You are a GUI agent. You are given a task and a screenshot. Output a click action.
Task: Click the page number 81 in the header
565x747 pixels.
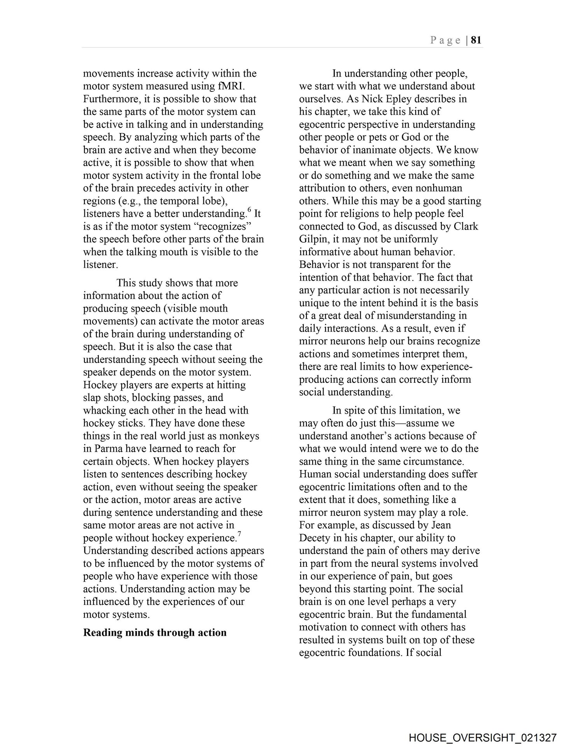tap(476, 40)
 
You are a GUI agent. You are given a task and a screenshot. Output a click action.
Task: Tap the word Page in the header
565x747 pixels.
tap(446, 40)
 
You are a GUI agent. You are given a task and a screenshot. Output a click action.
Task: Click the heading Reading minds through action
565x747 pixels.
tap(155, 632)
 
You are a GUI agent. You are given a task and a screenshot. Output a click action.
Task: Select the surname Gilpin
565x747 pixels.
tap(314, 239)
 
